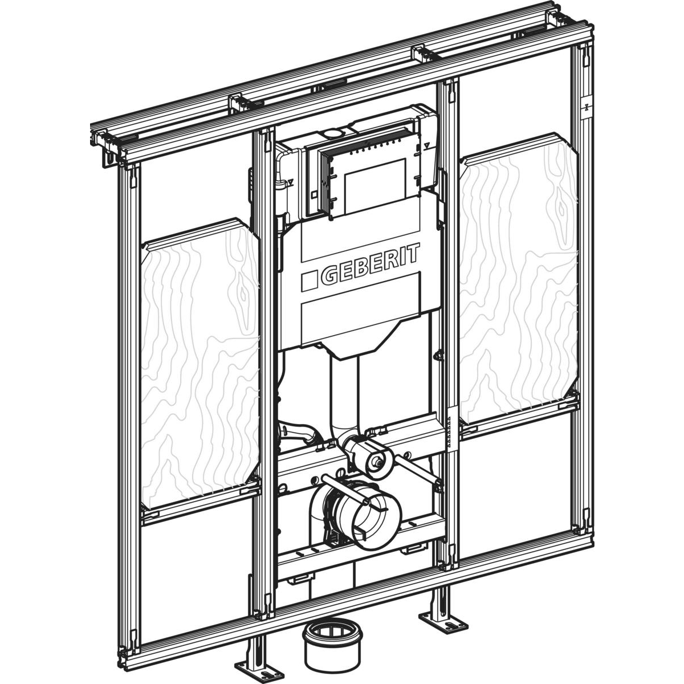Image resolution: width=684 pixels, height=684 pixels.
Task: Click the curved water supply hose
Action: click(x=298, y=432)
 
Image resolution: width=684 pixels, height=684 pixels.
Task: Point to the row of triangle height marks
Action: click(x=449, y=431)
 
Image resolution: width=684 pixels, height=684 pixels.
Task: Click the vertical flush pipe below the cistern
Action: click(x=344, y=393)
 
